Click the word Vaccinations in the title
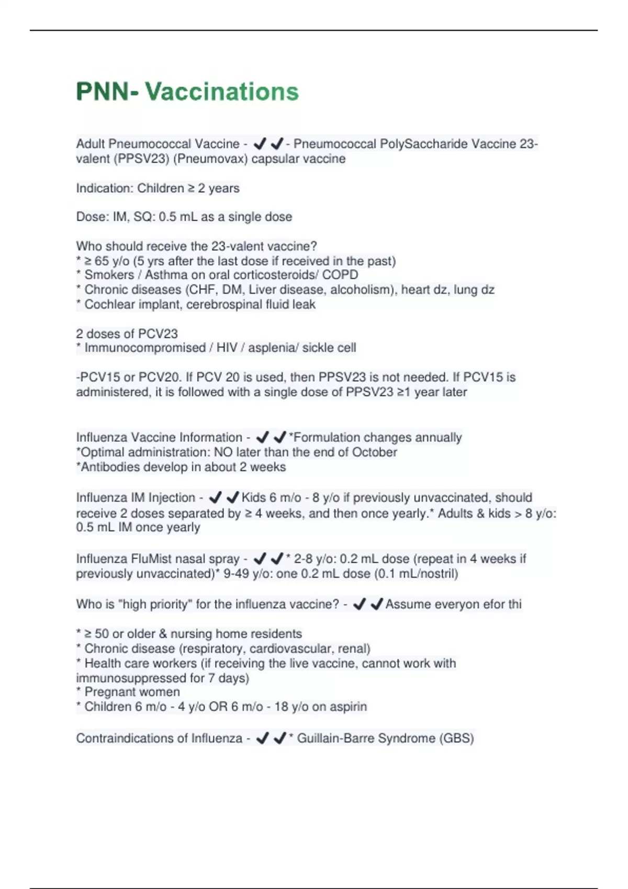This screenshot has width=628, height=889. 222,92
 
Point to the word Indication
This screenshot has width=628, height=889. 104,188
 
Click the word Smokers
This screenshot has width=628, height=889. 109,275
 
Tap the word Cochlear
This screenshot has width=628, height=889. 107,304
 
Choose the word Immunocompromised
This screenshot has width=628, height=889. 145,348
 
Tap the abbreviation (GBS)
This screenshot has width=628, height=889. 456,738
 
